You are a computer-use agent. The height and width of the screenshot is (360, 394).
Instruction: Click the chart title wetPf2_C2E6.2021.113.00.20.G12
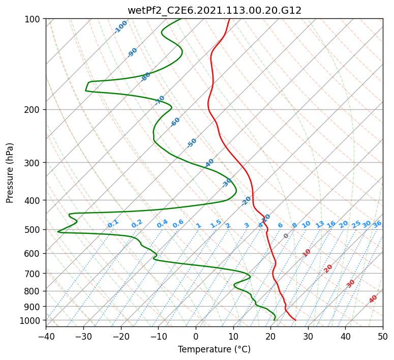pos(215,10)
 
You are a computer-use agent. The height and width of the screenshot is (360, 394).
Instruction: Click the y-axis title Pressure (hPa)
pos(9,173)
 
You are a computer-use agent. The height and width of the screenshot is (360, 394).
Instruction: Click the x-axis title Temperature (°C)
pos(215,349)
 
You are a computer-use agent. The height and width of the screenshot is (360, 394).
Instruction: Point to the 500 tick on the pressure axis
pos(32,229)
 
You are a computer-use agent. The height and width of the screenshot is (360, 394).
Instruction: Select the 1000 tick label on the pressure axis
pos(29,320)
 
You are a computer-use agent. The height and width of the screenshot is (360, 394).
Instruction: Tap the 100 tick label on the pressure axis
pos(32,19)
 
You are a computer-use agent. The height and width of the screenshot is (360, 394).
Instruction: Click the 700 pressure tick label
pos(32,273)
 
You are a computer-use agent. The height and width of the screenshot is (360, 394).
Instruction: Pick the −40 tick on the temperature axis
pos(46,336)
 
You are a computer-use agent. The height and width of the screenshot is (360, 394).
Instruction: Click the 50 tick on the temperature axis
pos(383,336)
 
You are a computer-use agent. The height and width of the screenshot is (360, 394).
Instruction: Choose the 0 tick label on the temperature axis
pos(196,336)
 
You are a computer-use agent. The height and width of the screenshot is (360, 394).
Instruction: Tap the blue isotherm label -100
pos(120,27)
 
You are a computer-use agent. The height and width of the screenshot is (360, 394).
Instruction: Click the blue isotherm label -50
pos(192,143)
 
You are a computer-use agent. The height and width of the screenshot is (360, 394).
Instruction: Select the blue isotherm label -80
pos(145,77)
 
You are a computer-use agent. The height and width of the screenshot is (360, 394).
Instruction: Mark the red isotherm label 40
pos(373,299)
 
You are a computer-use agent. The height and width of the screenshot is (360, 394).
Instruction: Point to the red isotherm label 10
pos(307,253)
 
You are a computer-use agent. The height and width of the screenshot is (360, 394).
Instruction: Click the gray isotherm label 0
pos(286,236)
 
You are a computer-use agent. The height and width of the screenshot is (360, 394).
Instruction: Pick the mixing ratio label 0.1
pos(113,224)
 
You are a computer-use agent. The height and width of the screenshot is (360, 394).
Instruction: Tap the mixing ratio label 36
pos(377,224)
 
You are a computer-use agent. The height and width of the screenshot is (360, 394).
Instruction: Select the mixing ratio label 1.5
pos(216,224)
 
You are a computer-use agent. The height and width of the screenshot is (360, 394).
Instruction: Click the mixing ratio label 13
pos(320,224)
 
